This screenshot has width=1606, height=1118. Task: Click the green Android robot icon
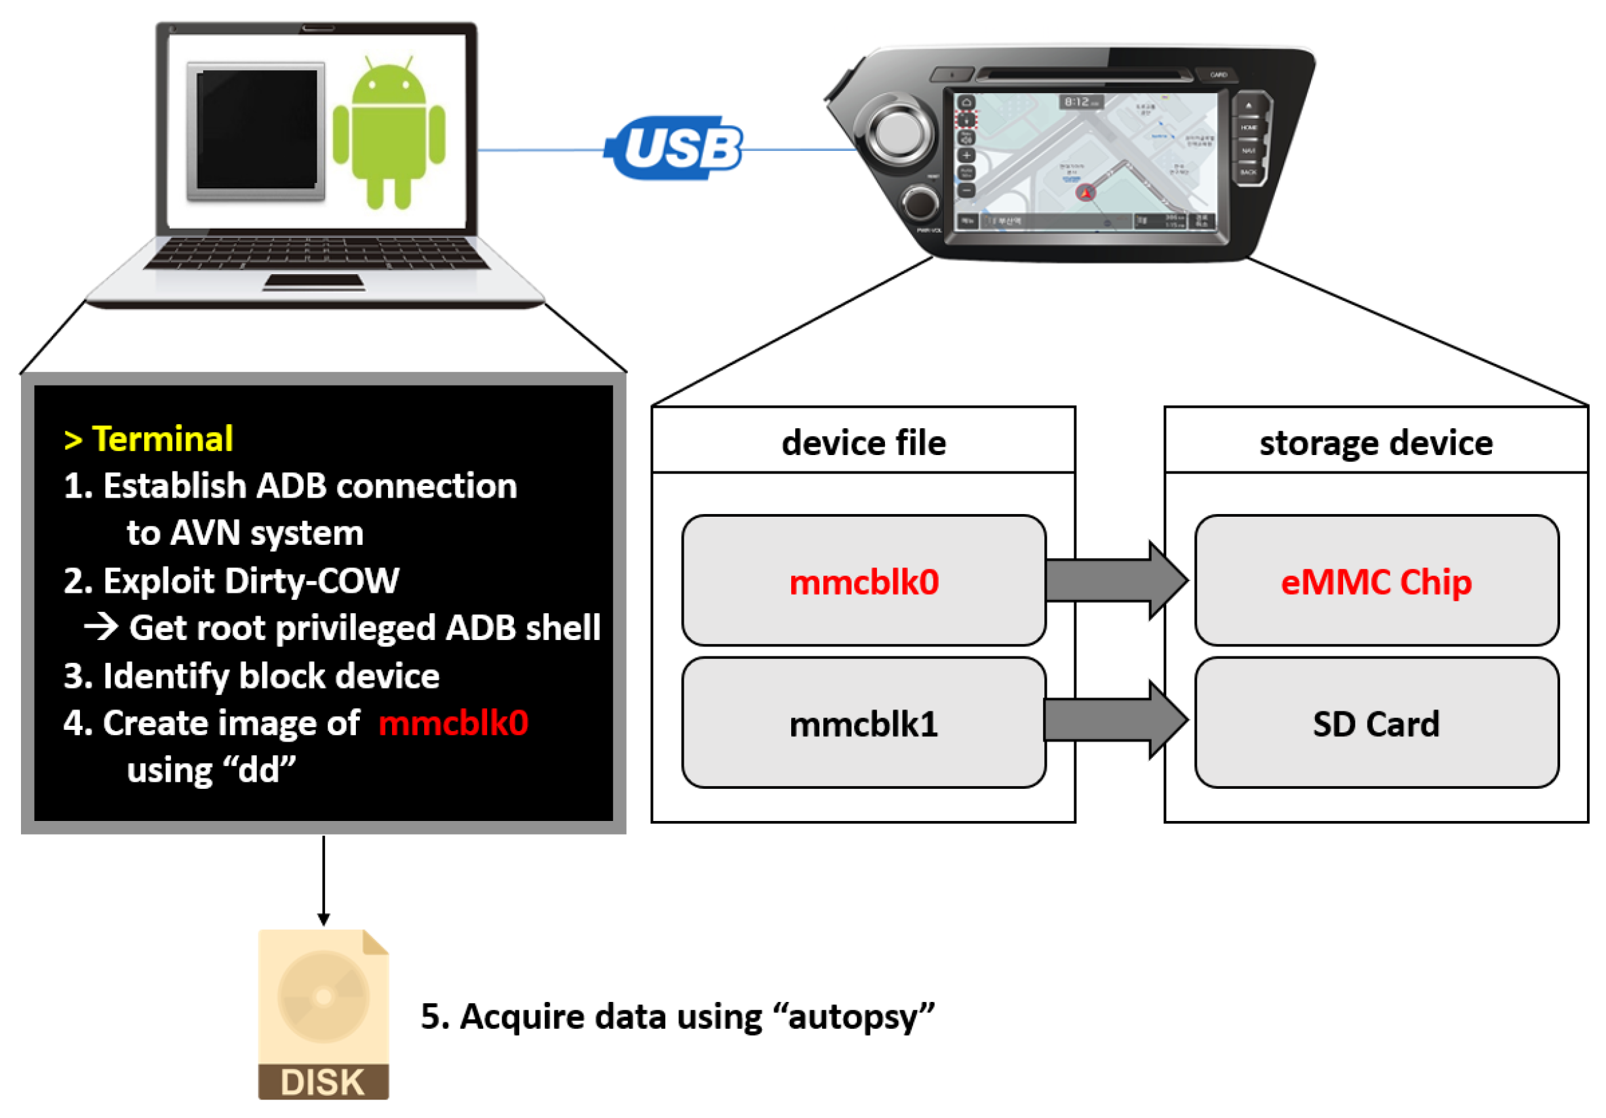click(x=389, y=133)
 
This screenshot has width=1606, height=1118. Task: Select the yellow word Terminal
click(x=163, y=439)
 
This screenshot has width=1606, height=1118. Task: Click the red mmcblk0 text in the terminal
click(x=453, y=723)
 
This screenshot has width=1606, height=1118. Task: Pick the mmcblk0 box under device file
click(x=864, y=581)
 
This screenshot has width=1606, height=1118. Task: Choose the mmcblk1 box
click(x=864, y=723)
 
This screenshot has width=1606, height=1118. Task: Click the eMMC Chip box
click(x=1376, y=581)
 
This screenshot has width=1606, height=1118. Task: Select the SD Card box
click(x=1376, y=723)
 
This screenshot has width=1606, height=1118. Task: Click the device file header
click(x=864, y=442)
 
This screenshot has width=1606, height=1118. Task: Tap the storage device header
click(x=1376, y=442)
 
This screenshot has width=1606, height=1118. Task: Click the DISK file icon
click(x=323, y=1014)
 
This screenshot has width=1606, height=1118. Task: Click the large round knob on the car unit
click(x=899, y=133)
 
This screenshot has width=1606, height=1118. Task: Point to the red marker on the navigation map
click(x=1086, y=191)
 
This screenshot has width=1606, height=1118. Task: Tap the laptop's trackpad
click(x=314, y=283)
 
